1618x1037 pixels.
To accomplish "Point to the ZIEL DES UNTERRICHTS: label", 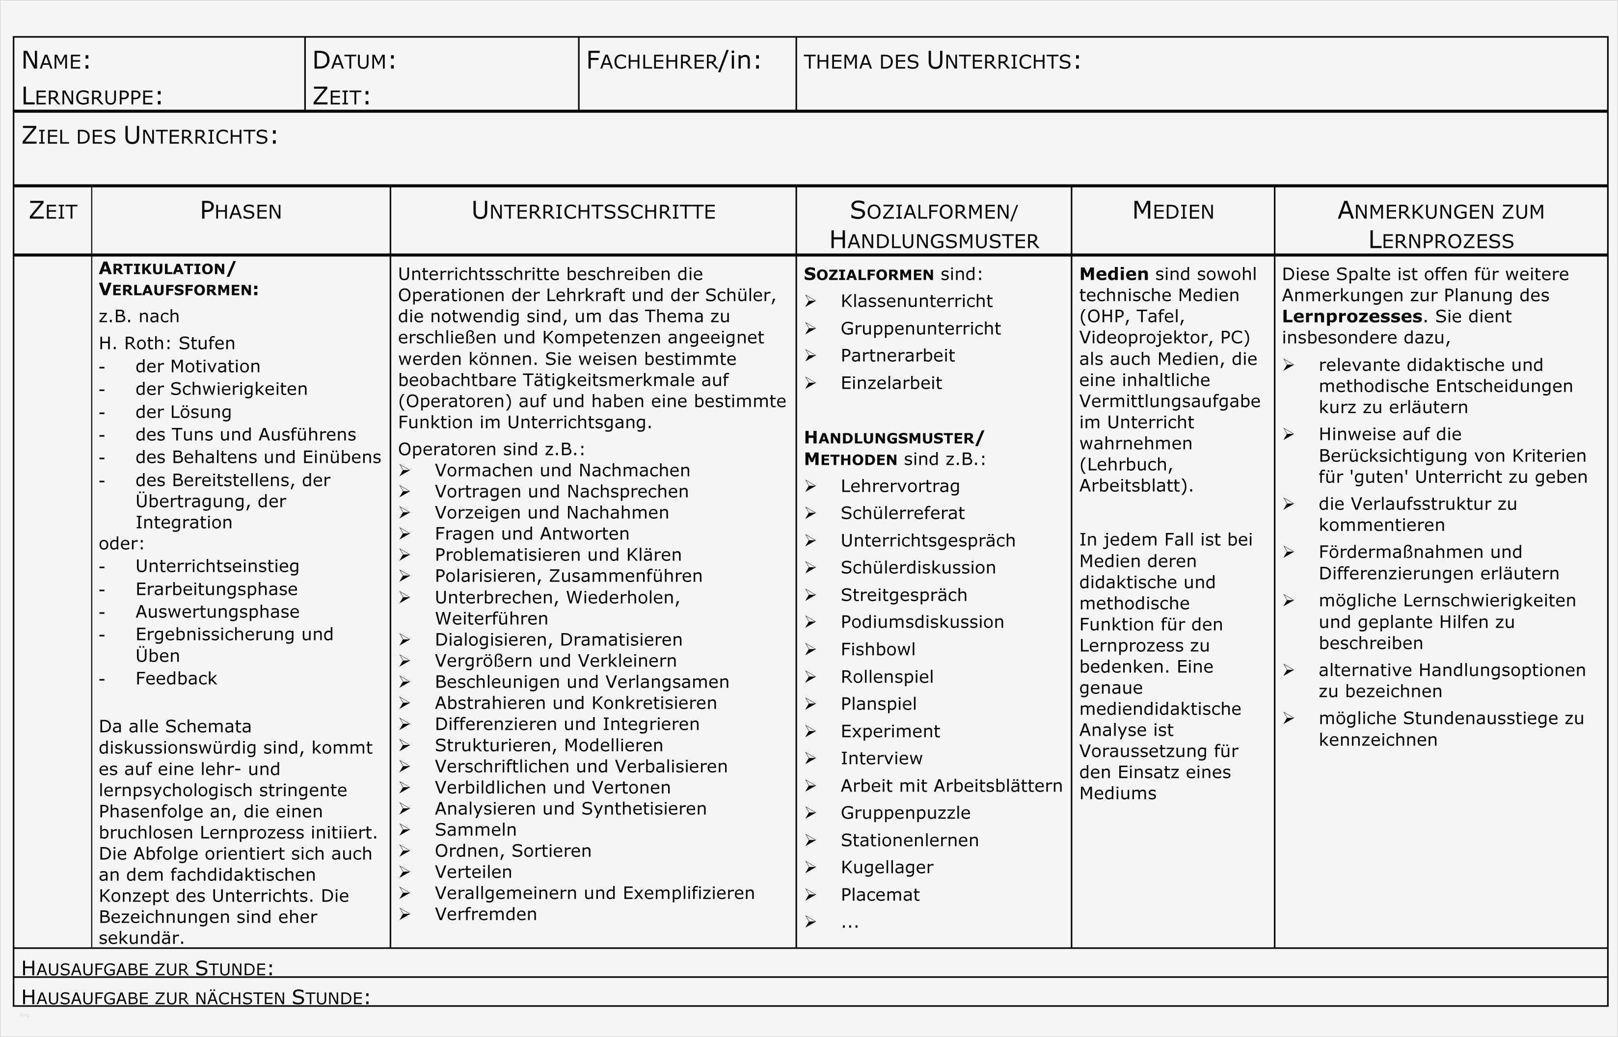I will (x=150, y=136).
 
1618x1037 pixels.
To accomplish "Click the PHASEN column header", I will (x=241, y=211).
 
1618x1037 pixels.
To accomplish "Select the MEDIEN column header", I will (x=1173, y=211).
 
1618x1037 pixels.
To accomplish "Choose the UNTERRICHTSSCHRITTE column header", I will (x=593, y=211).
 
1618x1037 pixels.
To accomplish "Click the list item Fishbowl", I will (x=878, y=649).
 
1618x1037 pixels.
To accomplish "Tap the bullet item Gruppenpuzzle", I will (x=905, y=813).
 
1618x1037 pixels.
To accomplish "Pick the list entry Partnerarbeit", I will (x=897, y=355).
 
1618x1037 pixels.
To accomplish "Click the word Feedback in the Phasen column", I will (x=176, y=678).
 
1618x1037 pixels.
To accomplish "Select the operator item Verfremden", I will (x=485, y=914).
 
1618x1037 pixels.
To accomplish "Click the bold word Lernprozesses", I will (x=1351, y=317).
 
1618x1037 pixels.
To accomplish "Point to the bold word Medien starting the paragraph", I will (x=1113, y=274).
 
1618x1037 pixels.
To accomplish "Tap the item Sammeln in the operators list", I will (x=476, y=829).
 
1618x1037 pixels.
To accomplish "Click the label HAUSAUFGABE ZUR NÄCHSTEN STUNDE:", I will (x=195, y=997).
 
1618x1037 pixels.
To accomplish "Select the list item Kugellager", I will (x=887, y=867).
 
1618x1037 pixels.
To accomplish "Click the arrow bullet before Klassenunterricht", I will (x=810, y=301).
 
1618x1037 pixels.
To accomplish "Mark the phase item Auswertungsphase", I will (x=217, y=612).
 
